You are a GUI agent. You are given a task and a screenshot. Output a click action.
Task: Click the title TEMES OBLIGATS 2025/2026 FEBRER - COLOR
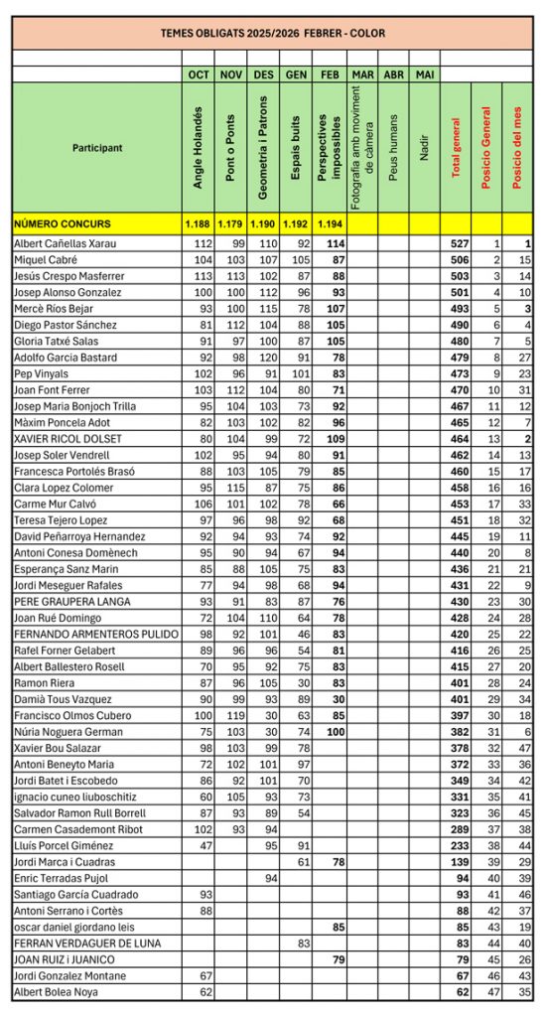coord(272,33)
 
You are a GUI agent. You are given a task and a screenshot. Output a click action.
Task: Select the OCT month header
coord(199,74)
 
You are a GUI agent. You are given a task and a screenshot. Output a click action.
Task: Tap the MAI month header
coord(424,74)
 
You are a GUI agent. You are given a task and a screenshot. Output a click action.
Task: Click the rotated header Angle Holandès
coord(199,147)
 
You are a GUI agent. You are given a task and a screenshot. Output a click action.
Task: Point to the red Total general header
coord(457,147)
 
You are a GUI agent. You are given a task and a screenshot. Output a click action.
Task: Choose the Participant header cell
coord(97,148)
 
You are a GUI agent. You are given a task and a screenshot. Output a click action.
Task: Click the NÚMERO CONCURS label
coord(63,223)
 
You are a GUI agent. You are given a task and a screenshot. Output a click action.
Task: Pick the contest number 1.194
coord(330,223)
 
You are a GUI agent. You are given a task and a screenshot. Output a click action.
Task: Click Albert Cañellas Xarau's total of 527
coord(459,243)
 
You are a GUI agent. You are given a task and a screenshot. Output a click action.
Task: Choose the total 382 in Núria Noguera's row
coord(459,732)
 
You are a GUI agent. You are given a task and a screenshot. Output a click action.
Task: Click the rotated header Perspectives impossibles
coord(330,147)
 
